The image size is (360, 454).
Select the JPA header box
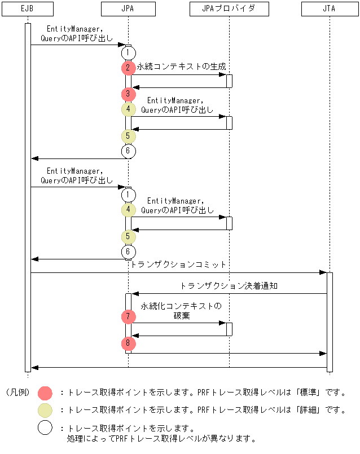[x=128, y=9]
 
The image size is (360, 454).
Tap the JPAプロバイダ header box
[x=229, y=9]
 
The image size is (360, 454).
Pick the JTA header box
[x=330, y=9]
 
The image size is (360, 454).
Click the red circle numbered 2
[x=128, y=67]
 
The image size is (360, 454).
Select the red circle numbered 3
[x=128, y=94]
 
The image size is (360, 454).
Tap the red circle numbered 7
[x=128, y=317]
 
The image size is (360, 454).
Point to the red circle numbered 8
[x=128, y=343]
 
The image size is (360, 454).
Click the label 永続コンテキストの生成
[x=181, y=67]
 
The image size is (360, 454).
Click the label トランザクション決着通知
[x=229, y=286]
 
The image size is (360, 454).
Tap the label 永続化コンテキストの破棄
[x=181, y=311]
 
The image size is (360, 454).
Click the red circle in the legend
[x=45, y=393]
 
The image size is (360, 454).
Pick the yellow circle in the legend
[x=45, y=411]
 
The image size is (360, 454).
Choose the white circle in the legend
[x=45, y=428]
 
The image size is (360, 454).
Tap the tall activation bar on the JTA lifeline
[x=330, y=321]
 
